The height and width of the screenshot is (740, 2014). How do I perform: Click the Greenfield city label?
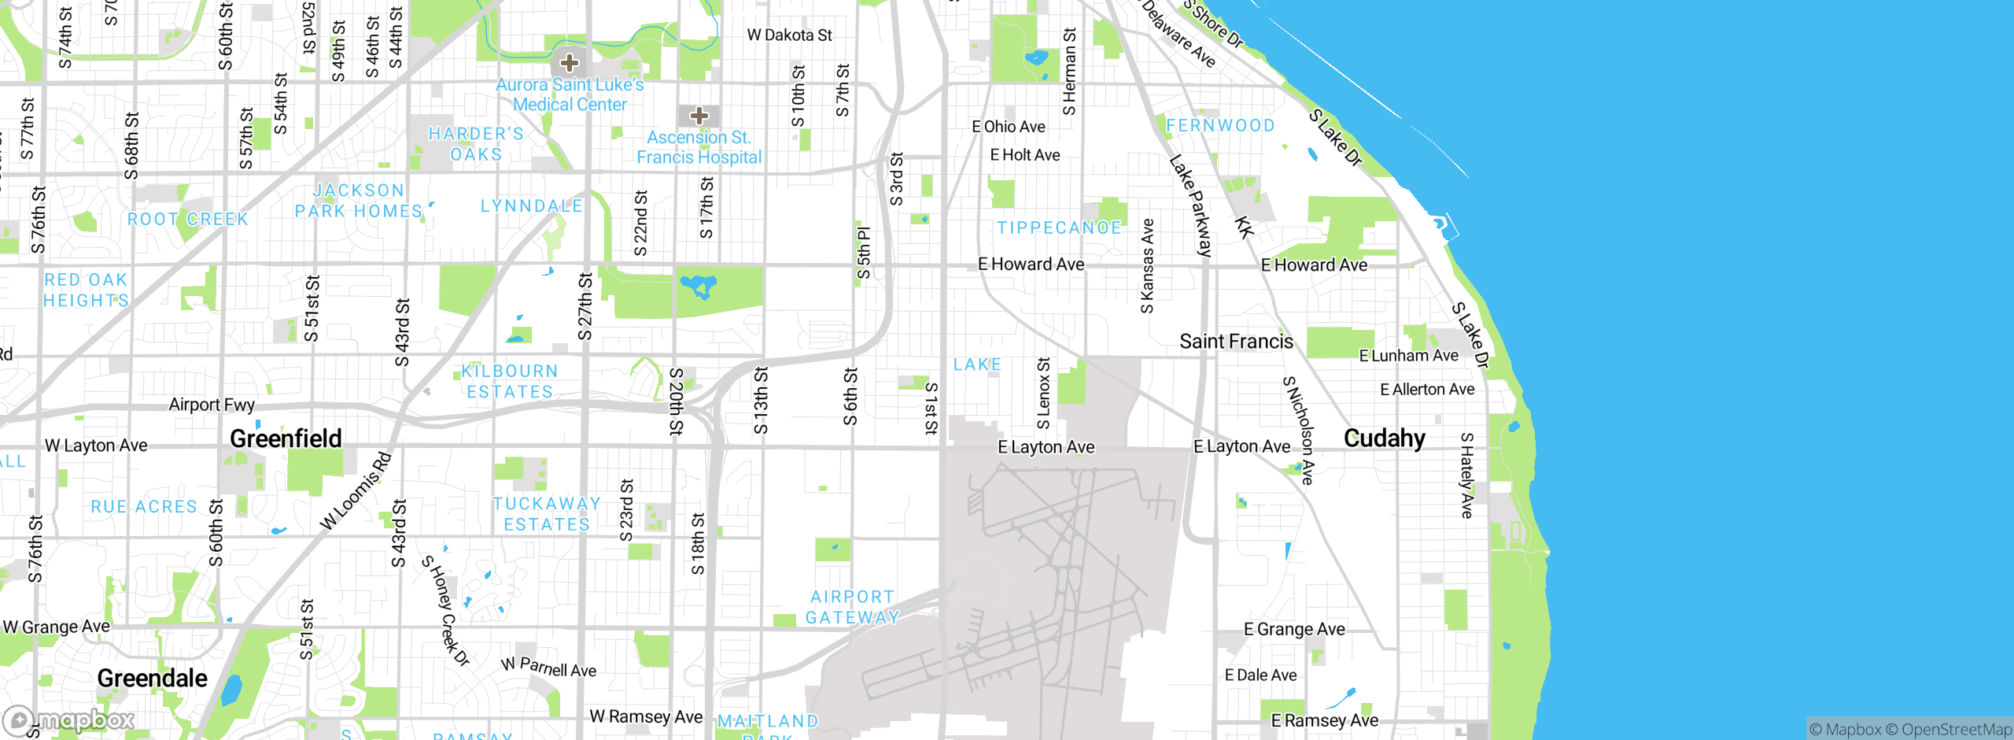[286, 438]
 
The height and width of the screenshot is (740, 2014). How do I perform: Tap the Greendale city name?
[152, 678]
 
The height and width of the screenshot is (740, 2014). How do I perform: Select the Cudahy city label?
[1384, 438]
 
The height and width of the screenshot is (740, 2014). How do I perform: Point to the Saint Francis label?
[1236, 342]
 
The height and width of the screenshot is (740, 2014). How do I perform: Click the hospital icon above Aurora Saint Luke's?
[570, 63]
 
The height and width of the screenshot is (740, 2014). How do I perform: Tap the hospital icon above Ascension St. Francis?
[699, 117]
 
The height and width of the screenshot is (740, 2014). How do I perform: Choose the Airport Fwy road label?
[212, 405]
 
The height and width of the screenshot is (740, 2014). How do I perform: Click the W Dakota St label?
[789, 35]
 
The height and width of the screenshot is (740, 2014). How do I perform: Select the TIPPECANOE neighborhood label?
[1059, 228]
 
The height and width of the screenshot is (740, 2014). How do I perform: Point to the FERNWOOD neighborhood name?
[1220, 126]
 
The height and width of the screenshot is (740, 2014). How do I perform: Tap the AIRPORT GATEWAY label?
[852, 607]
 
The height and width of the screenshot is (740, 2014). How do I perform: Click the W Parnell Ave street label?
[548, 668]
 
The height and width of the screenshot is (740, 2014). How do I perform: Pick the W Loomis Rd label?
[356, 491]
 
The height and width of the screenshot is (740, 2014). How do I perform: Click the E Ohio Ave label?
[1008, 127]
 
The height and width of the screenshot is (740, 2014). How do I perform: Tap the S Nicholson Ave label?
[1298, 430]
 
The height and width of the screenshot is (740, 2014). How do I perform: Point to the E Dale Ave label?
[1260, 675]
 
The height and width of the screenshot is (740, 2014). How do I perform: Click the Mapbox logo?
[69, 720]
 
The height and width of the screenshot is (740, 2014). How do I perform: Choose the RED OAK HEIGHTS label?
[86, 290]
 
